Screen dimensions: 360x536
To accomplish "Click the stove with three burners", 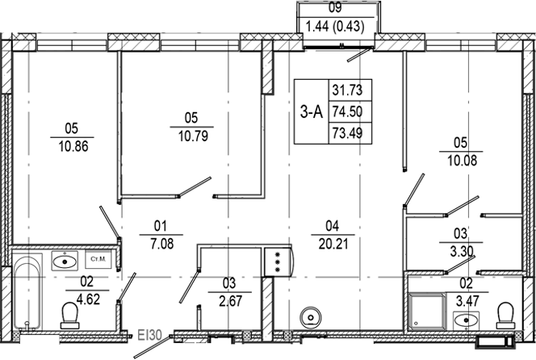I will (x=277, y=262).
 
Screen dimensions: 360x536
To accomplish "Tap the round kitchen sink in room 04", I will (x=309, y=315).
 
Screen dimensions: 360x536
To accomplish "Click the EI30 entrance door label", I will (x=150, y=333).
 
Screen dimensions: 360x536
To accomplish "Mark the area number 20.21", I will (x=327, y=239).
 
